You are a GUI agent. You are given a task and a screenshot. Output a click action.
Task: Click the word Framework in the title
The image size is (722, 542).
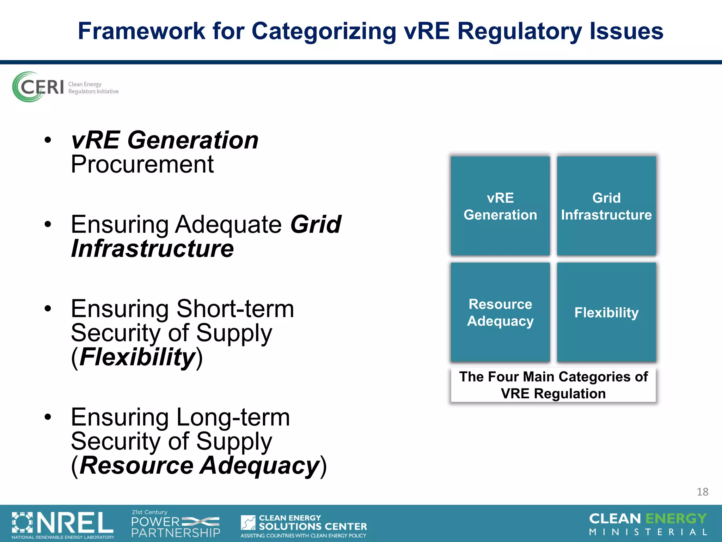point(141,31)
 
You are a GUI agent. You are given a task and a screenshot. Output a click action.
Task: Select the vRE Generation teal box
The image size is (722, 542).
point(500,206)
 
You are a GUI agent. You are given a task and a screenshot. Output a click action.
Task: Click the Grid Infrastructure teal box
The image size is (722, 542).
point(606,206)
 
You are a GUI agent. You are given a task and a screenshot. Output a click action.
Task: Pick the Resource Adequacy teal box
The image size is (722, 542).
point(500,313)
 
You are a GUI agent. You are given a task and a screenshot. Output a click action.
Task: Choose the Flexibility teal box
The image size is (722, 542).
point(606,313)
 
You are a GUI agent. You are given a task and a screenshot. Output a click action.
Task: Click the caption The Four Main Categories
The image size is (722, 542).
point(553,385)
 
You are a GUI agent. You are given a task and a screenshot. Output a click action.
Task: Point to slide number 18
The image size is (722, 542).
point(702,492)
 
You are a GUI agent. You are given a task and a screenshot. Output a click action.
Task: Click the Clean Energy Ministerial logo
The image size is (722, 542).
point(648,524)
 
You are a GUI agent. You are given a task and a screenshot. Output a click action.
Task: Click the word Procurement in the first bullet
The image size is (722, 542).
point(142,164)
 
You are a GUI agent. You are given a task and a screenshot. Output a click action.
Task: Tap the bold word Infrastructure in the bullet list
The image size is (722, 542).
point(152,249)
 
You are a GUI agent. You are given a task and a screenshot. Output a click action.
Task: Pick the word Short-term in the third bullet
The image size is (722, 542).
point(235,309)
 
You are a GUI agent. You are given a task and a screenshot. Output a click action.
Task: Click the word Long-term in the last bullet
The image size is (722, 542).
point(233,417)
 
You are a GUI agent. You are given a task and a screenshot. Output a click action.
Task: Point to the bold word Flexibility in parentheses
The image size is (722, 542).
point(137,357)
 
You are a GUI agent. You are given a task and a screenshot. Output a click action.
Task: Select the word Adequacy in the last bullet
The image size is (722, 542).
point(260,465)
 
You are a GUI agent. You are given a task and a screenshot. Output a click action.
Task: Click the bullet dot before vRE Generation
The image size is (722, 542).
point(48,140)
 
